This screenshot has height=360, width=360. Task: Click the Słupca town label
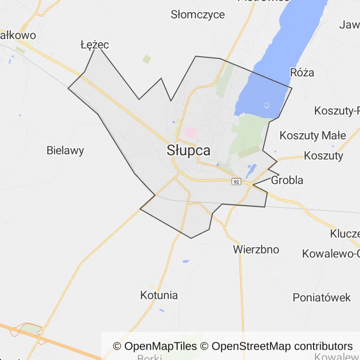coord(188,151)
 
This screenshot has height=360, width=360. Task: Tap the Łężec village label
coord(95,45)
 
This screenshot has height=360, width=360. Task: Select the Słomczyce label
coord(198,15)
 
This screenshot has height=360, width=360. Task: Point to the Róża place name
coord(302,73)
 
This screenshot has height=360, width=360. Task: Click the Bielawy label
coord(65,150)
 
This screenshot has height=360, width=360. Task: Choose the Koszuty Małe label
coord(313,136)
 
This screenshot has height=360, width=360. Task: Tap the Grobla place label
coord(287,180)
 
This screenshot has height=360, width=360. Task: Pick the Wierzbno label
coord(256,249)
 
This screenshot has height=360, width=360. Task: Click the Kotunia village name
coord(159,295)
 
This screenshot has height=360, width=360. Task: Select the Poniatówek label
coord(322,297)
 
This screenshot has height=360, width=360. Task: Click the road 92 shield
coord(236,181)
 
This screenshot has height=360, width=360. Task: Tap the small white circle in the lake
coord(267,105)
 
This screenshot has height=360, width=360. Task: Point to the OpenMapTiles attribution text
coord(155,346)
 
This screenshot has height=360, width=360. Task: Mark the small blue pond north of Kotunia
coord(186,261)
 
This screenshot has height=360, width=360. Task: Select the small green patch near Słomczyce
coord(147,59)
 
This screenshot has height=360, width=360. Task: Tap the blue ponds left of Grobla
coord(252,171)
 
